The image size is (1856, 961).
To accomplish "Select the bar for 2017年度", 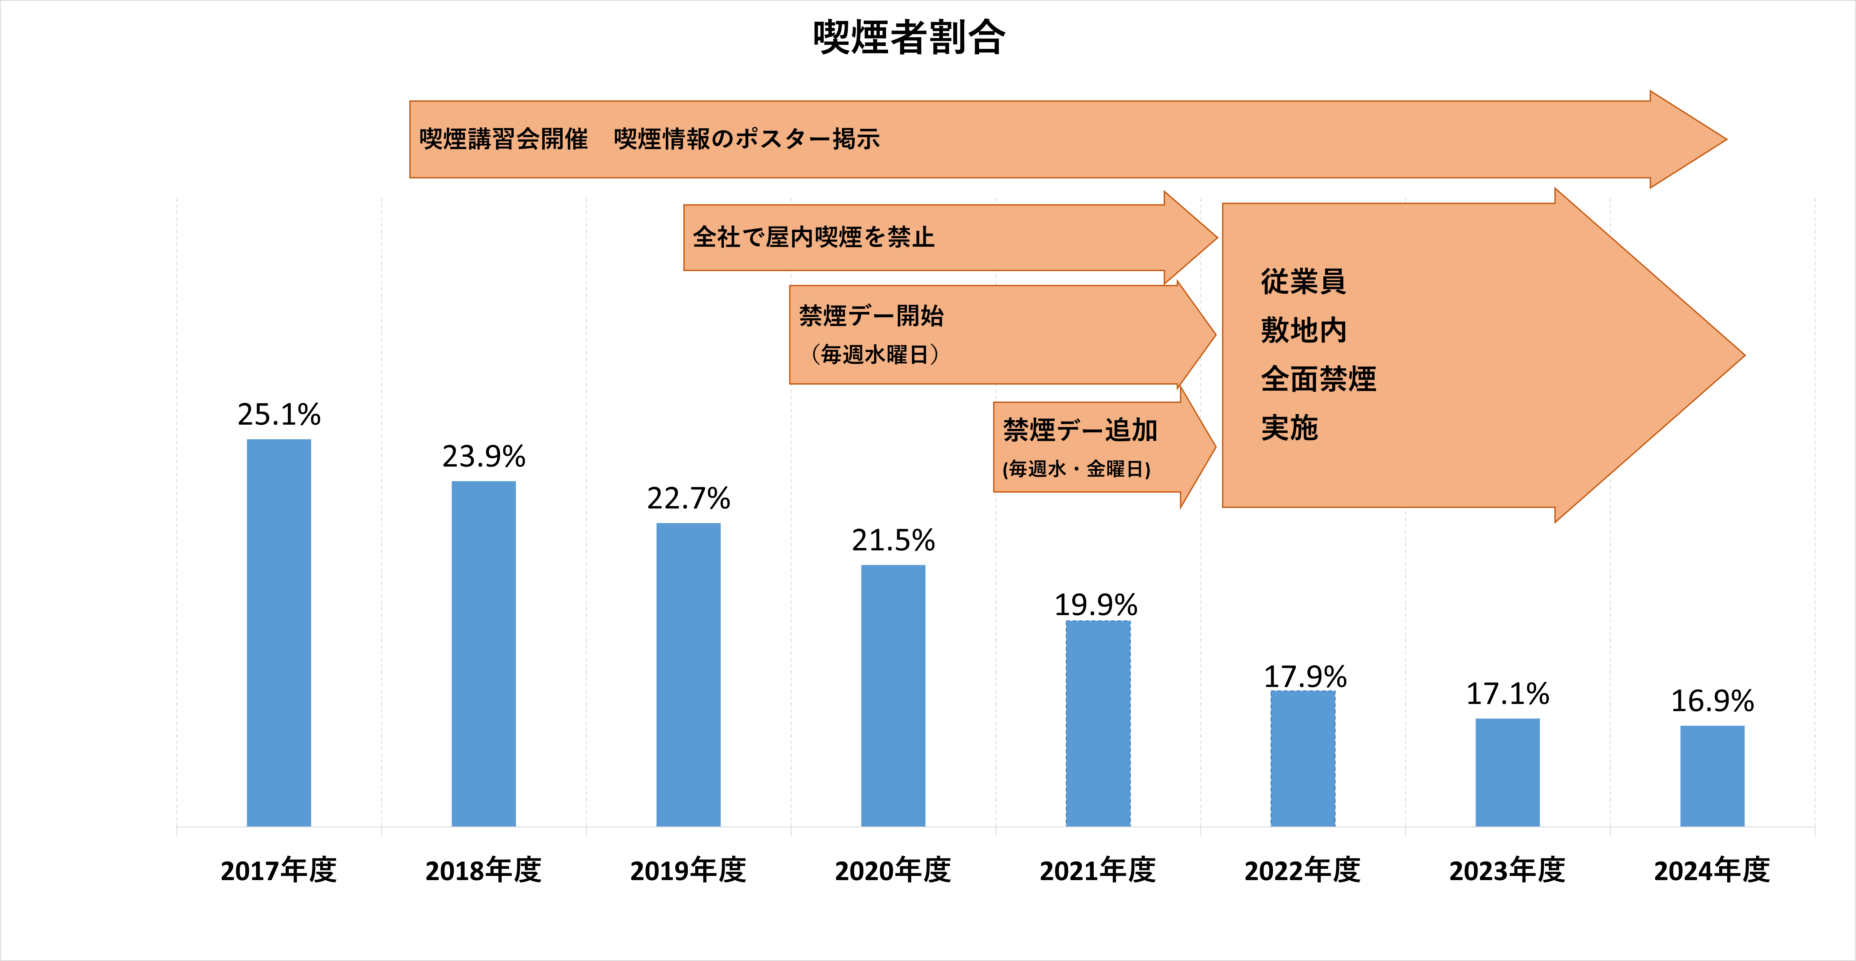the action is [279, 633].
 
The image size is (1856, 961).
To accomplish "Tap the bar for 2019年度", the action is [688, 674].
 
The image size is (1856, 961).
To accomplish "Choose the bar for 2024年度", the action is [1712, 776].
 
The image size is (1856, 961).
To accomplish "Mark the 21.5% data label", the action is [893, 540].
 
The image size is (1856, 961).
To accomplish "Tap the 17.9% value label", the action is [1305, 676].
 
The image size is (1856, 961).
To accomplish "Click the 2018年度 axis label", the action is [484, 870].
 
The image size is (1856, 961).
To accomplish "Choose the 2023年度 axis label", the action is [1507, 870].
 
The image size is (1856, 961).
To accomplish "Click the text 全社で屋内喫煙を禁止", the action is [814, 237].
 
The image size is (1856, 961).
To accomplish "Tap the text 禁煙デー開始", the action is [871, 316].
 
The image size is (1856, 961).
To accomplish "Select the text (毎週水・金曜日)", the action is [1076, 469].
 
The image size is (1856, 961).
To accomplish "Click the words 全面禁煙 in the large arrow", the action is [1319, 379].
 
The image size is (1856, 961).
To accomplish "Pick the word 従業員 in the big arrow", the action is [1303, 281].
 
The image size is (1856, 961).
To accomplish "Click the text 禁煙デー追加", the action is [1080, 430].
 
